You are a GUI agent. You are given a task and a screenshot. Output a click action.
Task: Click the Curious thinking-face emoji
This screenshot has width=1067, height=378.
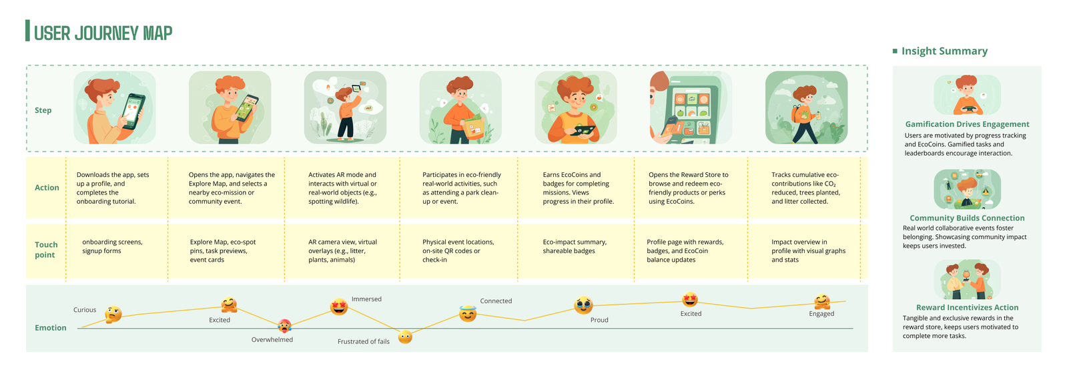(x=113, y=315)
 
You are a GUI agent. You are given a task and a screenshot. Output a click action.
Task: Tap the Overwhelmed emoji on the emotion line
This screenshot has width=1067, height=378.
(x=284, y=326)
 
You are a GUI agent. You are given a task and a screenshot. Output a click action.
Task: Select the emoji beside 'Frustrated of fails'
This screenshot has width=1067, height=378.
(x=405, y=337)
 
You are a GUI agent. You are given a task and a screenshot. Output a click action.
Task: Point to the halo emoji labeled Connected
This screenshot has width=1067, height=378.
(x=468, y=313)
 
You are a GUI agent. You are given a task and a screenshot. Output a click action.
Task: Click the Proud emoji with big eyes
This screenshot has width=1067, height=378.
(x=583, y=305)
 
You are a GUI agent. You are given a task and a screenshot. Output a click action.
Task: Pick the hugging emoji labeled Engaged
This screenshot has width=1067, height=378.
(x=822, y=302)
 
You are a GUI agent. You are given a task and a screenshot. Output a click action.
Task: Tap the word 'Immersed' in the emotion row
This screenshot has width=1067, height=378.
(x=366, y=299)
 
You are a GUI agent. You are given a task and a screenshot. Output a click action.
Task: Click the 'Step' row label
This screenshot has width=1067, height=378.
(x=43, y=110)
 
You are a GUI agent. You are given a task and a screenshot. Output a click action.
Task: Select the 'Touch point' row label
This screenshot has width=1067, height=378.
(x=46, y=249)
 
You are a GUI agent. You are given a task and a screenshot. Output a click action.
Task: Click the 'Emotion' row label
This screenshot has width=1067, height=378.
(x=51, y=327)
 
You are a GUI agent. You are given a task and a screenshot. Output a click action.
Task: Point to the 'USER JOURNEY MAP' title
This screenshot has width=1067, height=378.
(x=103, y=33)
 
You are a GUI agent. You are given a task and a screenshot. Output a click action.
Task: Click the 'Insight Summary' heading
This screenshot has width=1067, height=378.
(x=945, y=51)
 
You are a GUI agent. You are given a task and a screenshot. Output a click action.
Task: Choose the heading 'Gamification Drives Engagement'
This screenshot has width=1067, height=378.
(x=968, y=124)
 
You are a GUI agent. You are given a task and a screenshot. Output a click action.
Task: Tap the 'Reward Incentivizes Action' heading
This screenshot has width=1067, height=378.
(x=968, y=307)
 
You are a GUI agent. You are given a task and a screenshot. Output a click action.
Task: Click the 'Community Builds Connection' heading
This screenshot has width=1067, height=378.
(x=968, y=218)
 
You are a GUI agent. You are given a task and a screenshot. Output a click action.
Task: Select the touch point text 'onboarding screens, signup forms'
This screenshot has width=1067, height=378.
(x=112, y=246)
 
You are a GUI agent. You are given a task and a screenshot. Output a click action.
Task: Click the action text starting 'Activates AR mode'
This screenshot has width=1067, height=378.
(x=342, y=188)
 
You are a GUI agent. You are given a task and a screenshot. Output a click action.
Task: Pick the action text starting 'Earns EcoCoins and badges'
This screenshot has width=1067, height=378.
(x=579, y=188)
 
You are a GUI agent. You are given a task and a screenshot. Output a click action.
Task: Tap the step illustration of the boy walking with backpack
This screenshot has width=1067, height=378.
(x=807, y=108)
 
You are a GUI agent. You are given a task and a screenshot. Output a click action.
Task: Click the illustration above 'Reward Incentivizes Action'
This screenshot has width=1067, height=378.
(x=968, y=280)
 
